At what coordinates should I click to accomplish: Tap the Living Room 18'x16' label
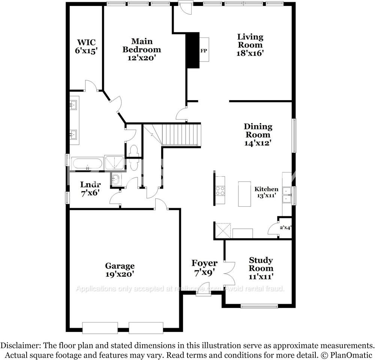pos(250,45)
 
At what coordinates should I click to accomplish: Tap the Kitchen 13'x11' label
pos(267,192)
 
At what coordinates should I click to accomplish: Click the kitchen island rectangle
pos(244,194)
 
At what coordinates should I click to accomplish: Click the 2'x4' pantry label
pos(286,227)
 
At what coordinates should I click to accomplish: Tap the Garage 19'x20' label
pos(120,270)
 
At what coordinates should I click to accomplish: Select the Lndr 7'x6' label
pos(90,189)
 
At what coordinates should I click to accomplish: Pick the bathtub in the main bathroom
pos(87,163)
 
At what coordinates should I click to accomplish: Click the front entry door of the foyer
pos(203,290)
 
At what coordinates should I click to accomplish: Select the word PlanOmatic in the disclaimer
pos(354,355)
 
